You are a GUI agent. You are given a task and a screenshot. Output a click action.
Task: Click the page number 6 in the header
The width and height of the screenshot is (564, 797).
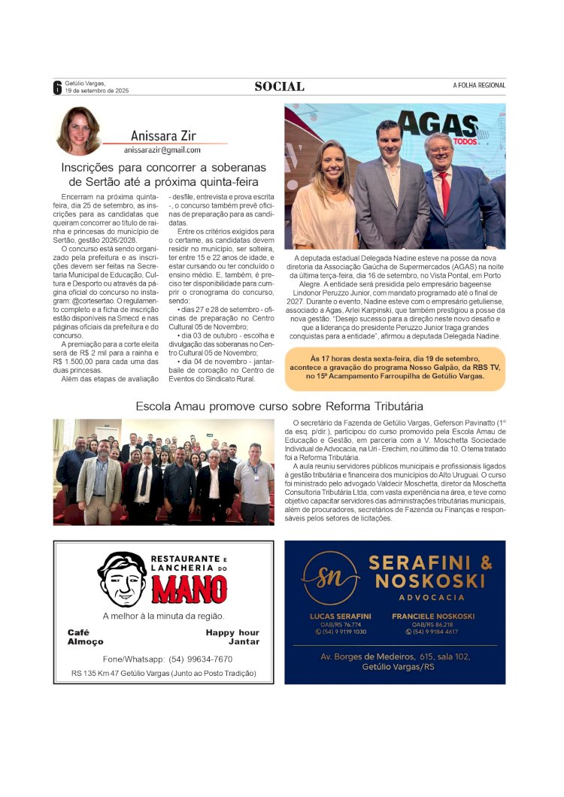(x=57, y=87)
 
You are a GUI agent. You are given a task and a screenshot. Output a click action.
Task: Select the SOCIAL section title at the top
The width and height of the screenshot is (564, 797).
(x=279, y=86)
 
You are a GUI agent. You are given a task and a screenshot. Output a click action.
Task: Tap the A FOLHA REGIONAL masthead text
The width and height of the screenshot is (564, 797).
(x=479, y=86)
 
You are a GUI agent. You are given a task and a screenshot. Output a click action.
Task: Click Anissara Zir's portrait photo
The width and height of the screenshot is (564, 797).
(x=78, y=131)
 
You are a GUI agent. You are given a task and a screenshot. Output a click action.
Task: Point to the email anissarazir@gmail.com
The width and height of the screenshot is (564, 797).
(x=162, y=150)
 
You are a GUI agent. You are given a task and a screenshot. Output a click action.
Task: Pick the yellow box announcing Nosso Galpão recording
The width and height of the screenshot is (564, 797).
(x=396, y=368)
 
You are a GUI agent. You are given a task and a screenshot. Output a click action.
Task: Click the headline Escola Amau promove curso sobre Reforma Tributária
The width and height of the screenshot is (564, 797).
(x=279, y=406)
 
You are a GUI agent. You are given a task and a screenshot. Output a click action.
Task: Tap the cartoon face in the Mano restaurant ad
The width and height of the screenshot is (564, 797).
(x=122, y=578)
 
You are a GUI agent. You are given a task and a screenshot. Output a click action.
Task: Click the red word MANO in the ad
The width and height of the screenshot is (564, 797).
(x=189, y=589)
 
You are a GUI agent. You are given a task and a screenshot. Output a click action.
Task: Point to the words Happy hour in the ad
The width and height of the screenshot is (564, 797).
(x=232, y=632)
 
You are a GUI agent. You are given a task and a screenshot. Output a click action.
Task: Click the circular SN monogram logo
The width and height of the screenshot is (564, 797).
(x=330, y=577)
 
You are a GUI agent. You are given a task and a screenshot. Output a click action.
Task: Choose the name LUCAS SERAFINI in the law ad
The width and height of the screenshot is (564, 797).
(x=340, y=616)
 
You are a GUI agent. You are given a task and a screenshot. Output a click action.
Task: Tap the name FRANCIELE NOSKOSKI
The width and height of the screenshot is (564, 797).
(x=433, y=616)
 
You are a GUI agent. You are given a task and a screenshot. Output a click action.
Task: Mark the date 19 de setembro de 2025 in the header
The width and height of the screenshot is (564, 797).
(x=97, y=91)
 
